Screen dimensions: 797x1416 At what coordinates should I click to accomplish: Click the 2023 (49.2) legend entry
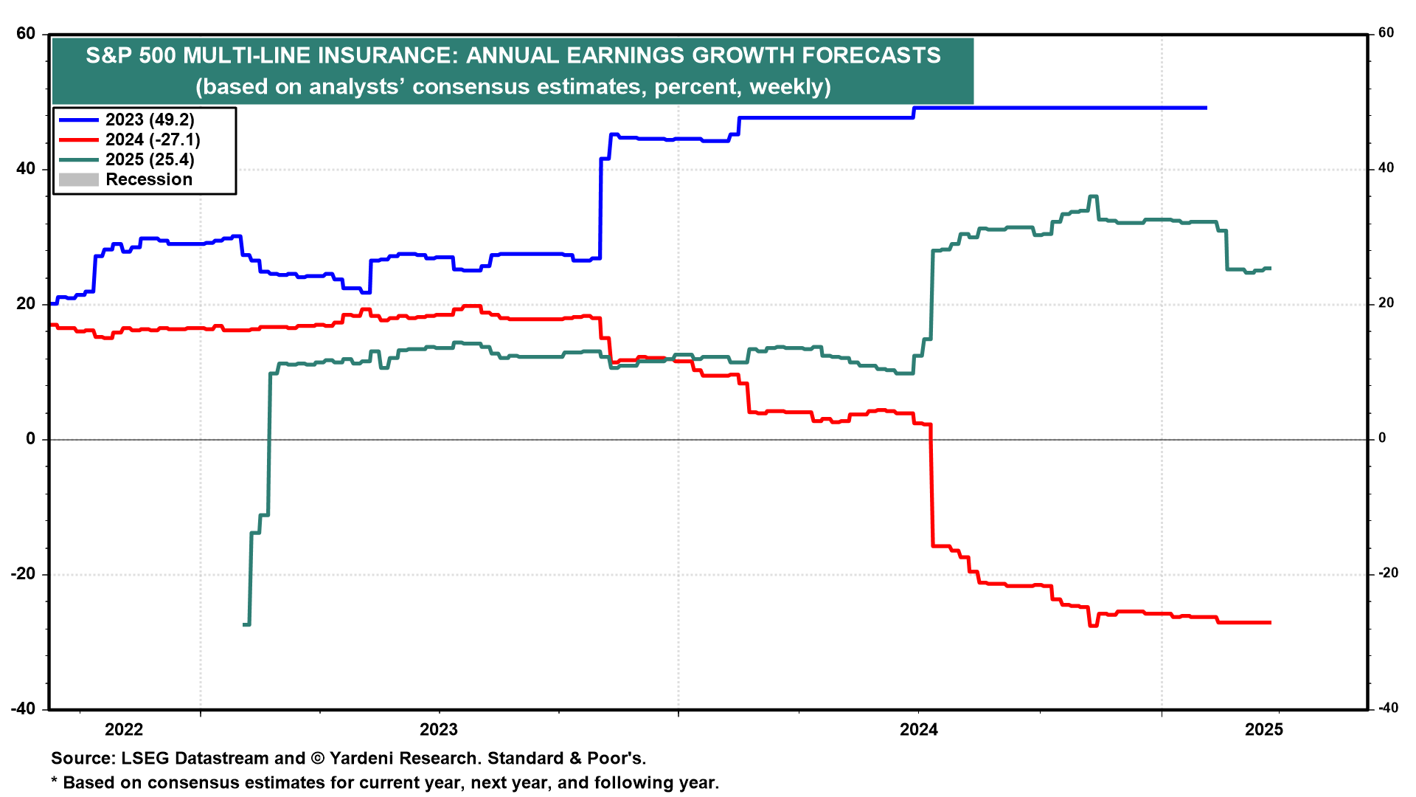150,120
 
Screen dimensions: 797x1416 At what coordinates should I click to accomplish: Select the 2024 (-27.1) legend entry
153,139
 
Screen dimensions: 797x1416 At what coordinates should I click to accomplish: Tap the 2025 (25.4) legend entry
150,159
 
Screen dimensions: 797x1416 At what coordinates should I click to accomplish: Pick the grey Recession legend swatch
79,179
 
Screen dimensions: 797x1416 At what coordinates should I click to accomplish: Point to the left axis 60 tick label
25,33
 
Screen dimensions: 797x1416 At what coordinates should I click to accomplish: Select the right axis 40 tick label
1386,168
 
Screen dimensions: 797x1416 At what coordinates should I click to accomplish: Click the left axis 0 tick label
30,439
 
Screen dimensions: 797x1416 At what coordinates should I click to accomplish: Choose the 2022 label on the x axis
124,730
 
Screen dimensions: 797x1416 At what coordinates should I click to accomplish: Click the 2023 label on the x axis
439,730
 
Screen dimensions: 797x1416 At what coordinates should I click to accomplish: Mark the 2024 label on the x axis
919,730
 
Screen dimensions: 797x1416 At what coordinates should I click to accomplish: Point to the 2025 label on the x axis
1264,730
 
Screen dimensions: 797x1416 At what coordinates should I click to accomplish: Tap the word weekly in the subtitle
786,87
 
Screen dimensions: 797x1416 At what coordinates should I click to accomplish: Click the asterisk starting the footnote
54,782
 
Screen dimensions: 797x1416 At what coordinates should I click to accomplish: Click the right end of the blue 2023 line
1206,108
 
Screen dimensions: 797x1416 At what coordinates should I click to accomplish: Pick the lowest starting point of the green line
246,624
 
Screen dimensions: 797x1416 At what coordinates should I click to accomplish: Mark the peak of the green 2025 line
1093,196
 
